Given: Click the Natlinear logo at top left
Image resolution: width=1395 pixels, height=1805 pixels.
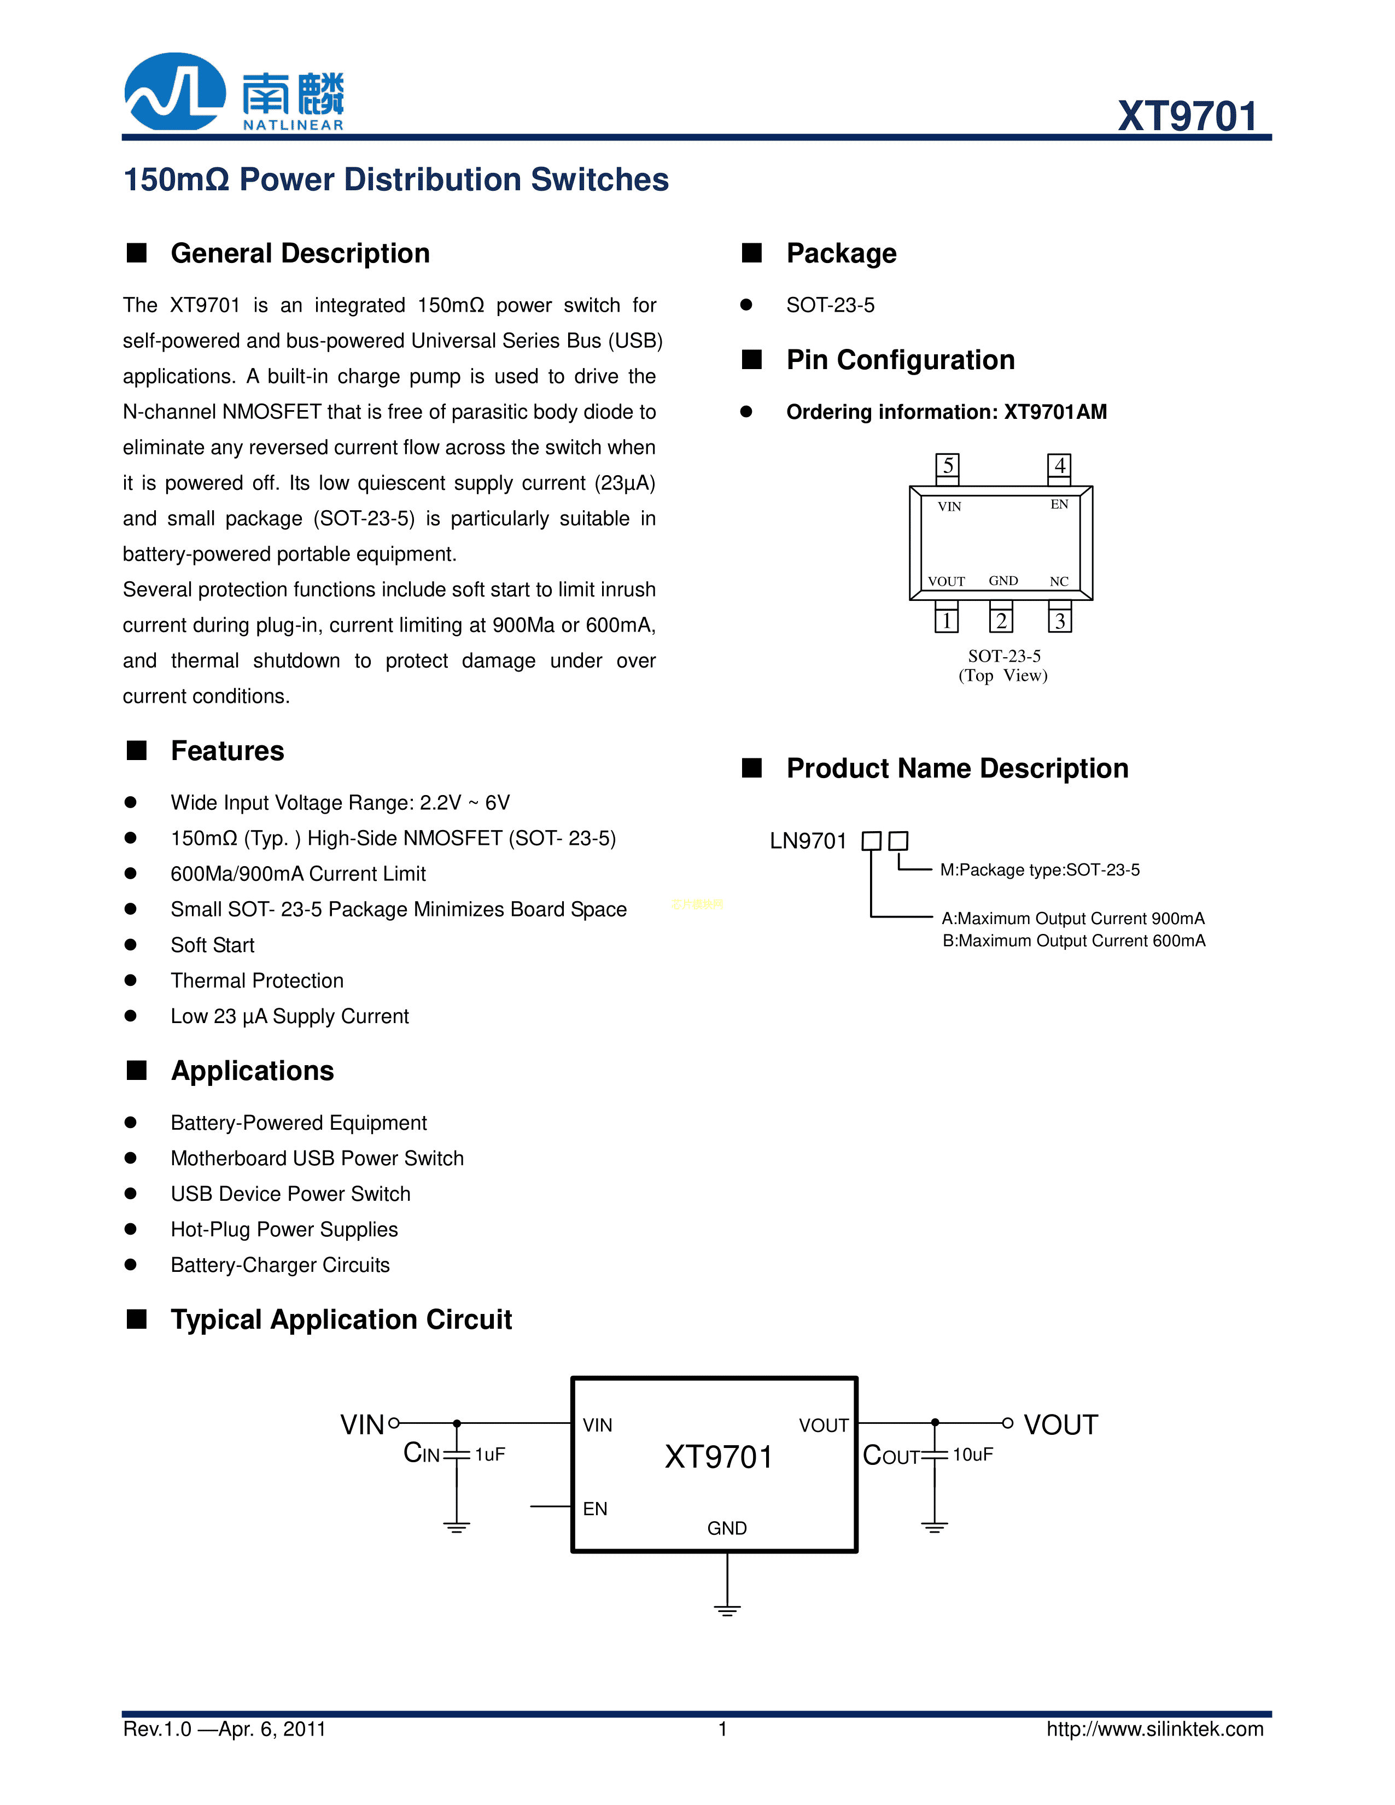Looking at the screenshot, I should tap(234, 92).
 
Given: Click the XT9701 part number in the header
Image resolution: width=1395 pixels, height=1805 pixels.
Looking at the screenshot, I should tap(1187, 116).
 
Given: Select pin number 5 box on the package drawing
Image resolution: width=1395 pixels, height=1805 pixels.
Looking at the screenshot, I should tap(947, 465).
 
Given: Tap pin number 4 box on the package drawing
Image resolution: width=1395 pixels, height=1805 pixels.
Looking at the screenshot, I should tap(1059, 465).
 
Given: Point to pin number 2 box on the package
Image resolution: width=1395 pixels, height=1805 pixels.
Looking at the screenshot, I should tap(1001, 621).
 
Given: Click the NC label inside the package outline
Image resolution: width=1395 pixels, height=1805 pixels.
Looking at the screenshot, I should tap(1059, 581).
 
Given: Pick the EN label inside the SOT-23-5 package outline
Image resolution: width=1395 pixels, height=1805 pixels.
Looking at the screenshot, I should tap(1059, 504).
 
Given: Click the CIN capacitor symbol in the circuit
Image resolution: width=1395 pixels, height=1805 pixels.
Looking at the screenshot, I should tap(456, 1454).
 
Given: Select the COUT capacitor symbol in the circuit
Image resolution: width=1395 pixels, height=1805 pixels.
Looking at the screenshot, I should tap(934, 1454).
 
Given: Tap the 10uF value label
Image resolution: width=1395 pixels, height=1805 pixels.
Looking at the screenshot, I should tap(973, 1454).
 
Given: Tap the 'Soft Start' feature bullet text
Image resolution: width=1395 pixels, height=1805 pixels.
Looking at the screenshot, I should tap(212, 945).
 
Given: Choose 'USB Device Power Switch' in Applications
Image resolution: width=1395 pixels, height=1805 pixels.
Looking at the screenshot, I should tap(290, 1194).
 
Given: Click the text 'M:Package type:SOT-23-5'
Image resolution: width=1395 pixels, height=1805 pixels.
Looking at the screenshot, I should tap(1040, 869).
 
